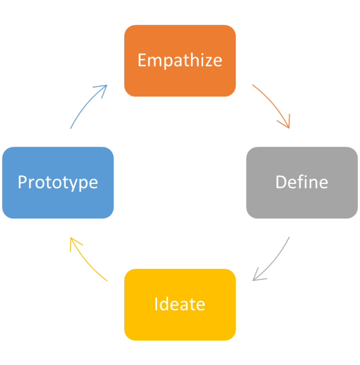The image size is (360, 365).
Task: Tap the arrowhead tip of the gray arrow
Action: point(253,280)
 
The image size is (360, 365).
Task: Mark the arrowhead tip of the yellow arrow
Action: point(71,238)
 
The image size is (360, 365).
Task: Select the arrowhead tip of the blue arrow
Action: point(107,85)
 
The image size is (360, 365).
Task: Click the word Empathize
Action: point(180,60)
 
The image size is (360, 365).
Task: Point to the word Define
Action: point(301,182)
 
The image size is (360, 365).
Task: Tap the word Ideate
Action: point(180,304)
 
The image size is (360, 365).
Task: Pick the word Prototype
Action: point(58,182)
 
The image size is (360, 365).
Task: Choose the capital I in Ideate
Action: point(156,304)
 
